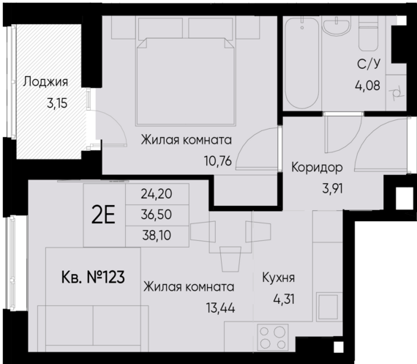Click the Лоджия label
pos(45,82)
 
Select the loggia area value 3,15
pos(56,103)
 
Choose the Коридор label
pos(317,166)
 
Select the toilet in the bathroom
pos(367,34)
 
